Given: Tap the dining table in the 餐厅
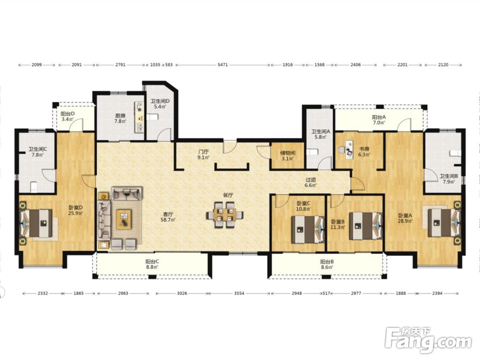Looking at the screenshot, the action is tap(225, 215).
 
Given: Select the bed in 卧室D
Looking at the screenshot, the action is tap(36, 223).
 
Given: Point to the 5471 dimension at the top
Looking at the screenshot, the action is tap(223, 65).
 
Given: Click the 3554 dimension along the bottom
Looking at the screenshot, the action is tap(239, 293).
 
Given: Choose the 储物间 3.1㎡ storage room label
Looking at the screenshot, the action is tap(288, 156).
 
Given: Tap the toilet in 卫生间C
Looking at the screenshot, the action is tap(34, 187).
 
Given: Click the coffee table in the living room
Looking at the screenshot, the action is tap(124, 219).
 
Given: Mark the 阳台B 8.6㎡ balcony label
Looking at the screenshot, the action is tap(327, 264).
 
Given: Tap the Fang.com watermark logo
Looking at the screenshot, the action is tap(428, 340).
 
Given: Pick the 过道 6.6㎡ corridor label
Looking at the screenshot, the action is tap(311, 182).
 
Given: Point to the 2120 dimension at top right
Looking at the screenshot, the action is tap(443, 65).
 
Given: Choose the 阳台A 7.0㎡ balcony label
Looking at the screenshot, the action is tap(379, 120).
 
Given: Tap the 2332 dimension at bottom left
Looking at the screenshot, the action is tap(43, 293).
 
